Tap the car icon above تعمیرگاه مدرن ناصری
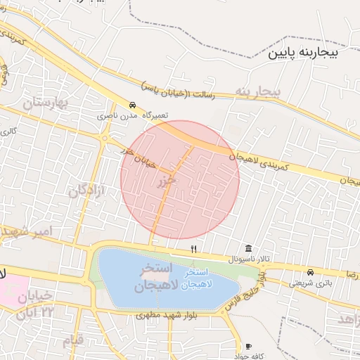click(x=133, y=103)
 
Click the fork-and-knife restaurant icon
click(x=193, y=250)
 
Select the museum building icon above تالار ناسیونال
click(x=249, y=249)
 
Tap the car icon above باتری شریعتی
click(x=310, y=272)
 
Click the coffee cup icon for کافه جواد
click(x=247, y=347)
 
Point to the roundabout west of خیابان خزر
click(x=104, y=139)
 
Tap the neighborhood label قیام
click(x=72, y=340)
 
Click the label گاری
click(x=8, y=131)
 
